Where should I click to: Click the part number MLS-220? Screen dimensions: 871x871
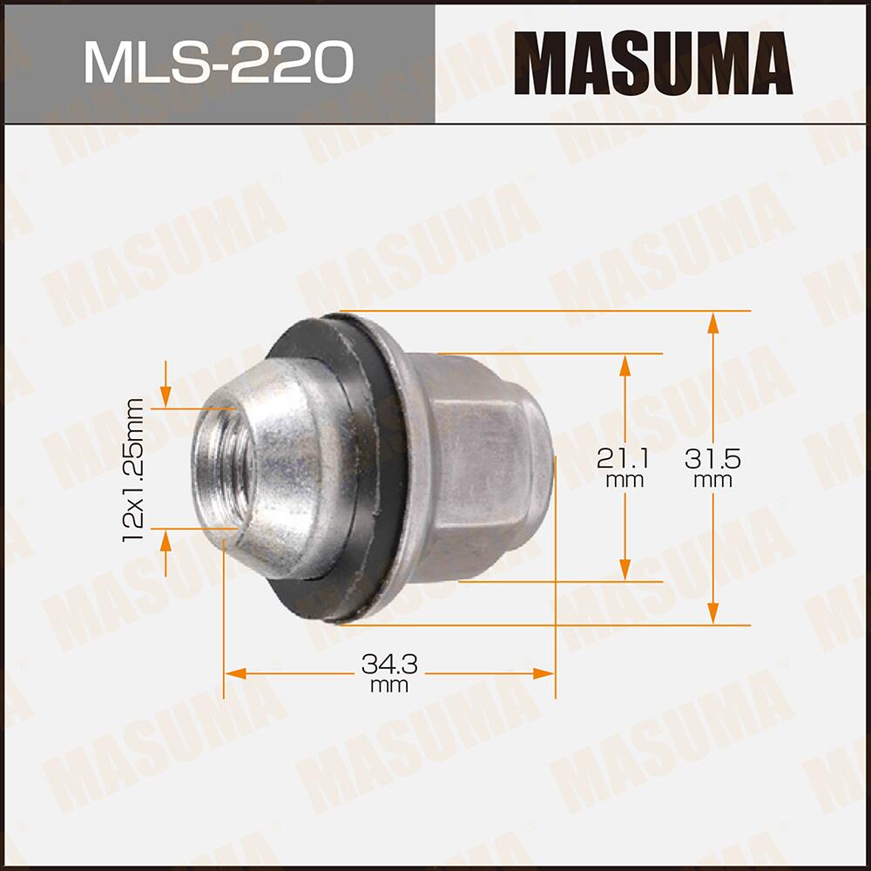pyautogui.click(x=218, y=63)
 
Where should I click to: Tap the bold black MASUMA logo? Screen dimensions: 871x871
pyautogui.click(x=653, y=63)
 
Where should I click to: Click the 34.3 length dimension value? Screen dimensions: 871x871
pyautogui.click(x=389, y=665)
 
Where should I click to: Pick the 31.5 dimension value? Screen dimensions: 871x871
pyautogui.click(x=713, y=456)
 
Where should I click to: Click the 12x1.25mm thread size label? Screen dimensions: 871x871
pyautogui.click(x=133, y=469)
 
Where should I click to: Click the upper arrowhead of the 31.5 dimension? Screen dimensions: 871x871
pyautogui.click(x=713, y=323)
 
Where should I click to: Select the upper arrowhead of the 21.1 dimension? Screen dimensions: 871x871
pyautogui.click(x=625, y=365)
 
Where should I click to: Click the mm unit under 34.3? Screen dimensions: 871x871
pyautogui.click(x=389, y=686)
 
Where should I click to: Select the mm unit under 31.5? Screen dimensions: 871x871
pyautogui.click(x=713, y=480)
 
